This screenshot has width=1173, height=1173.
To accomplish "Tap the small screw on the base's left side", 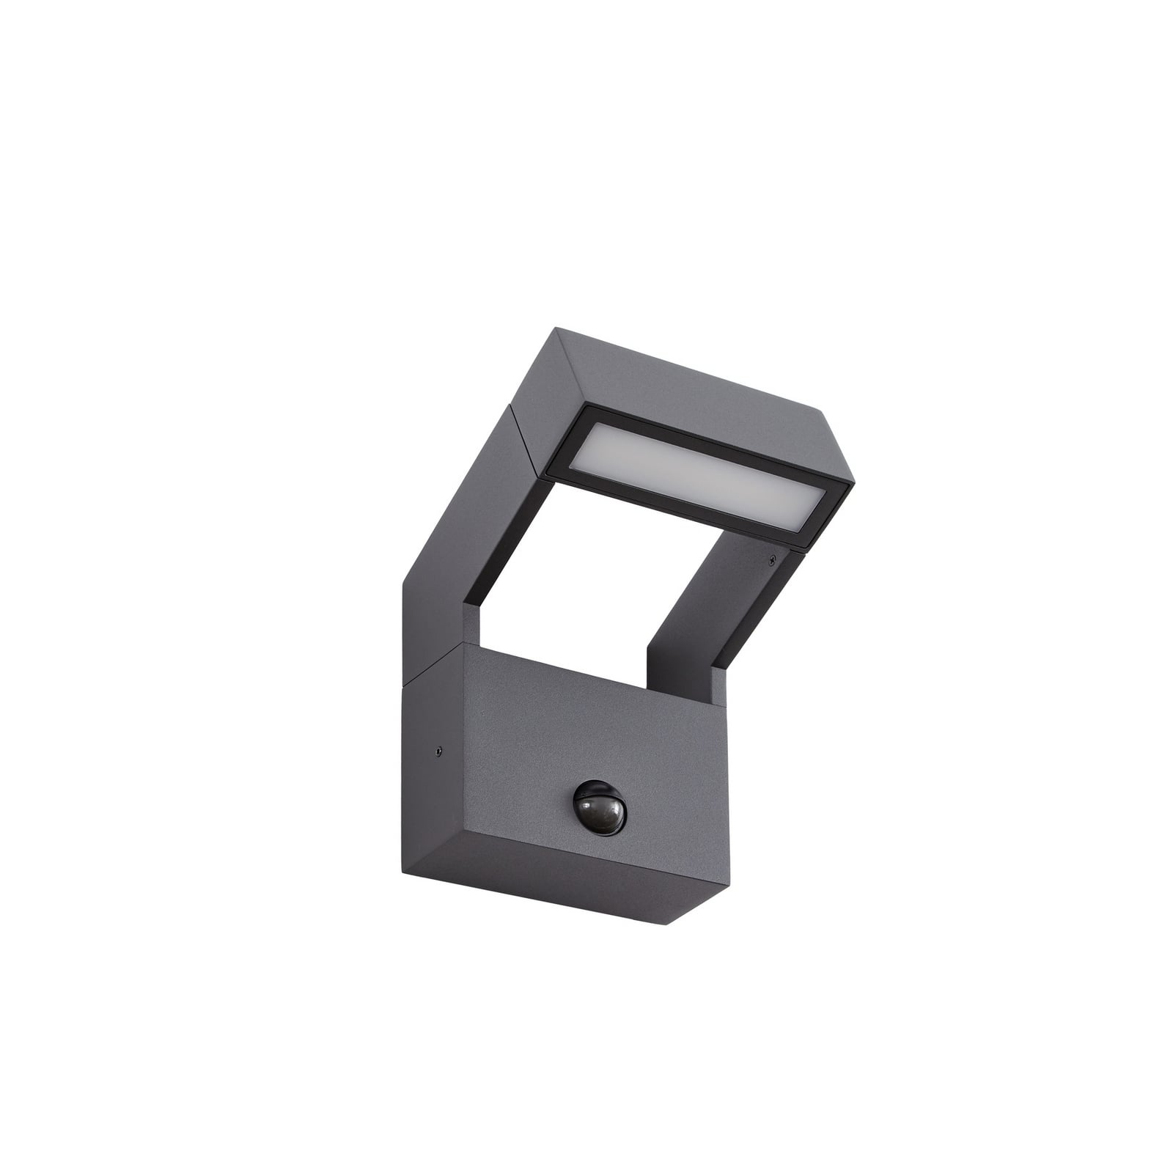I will click(438, 750).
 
